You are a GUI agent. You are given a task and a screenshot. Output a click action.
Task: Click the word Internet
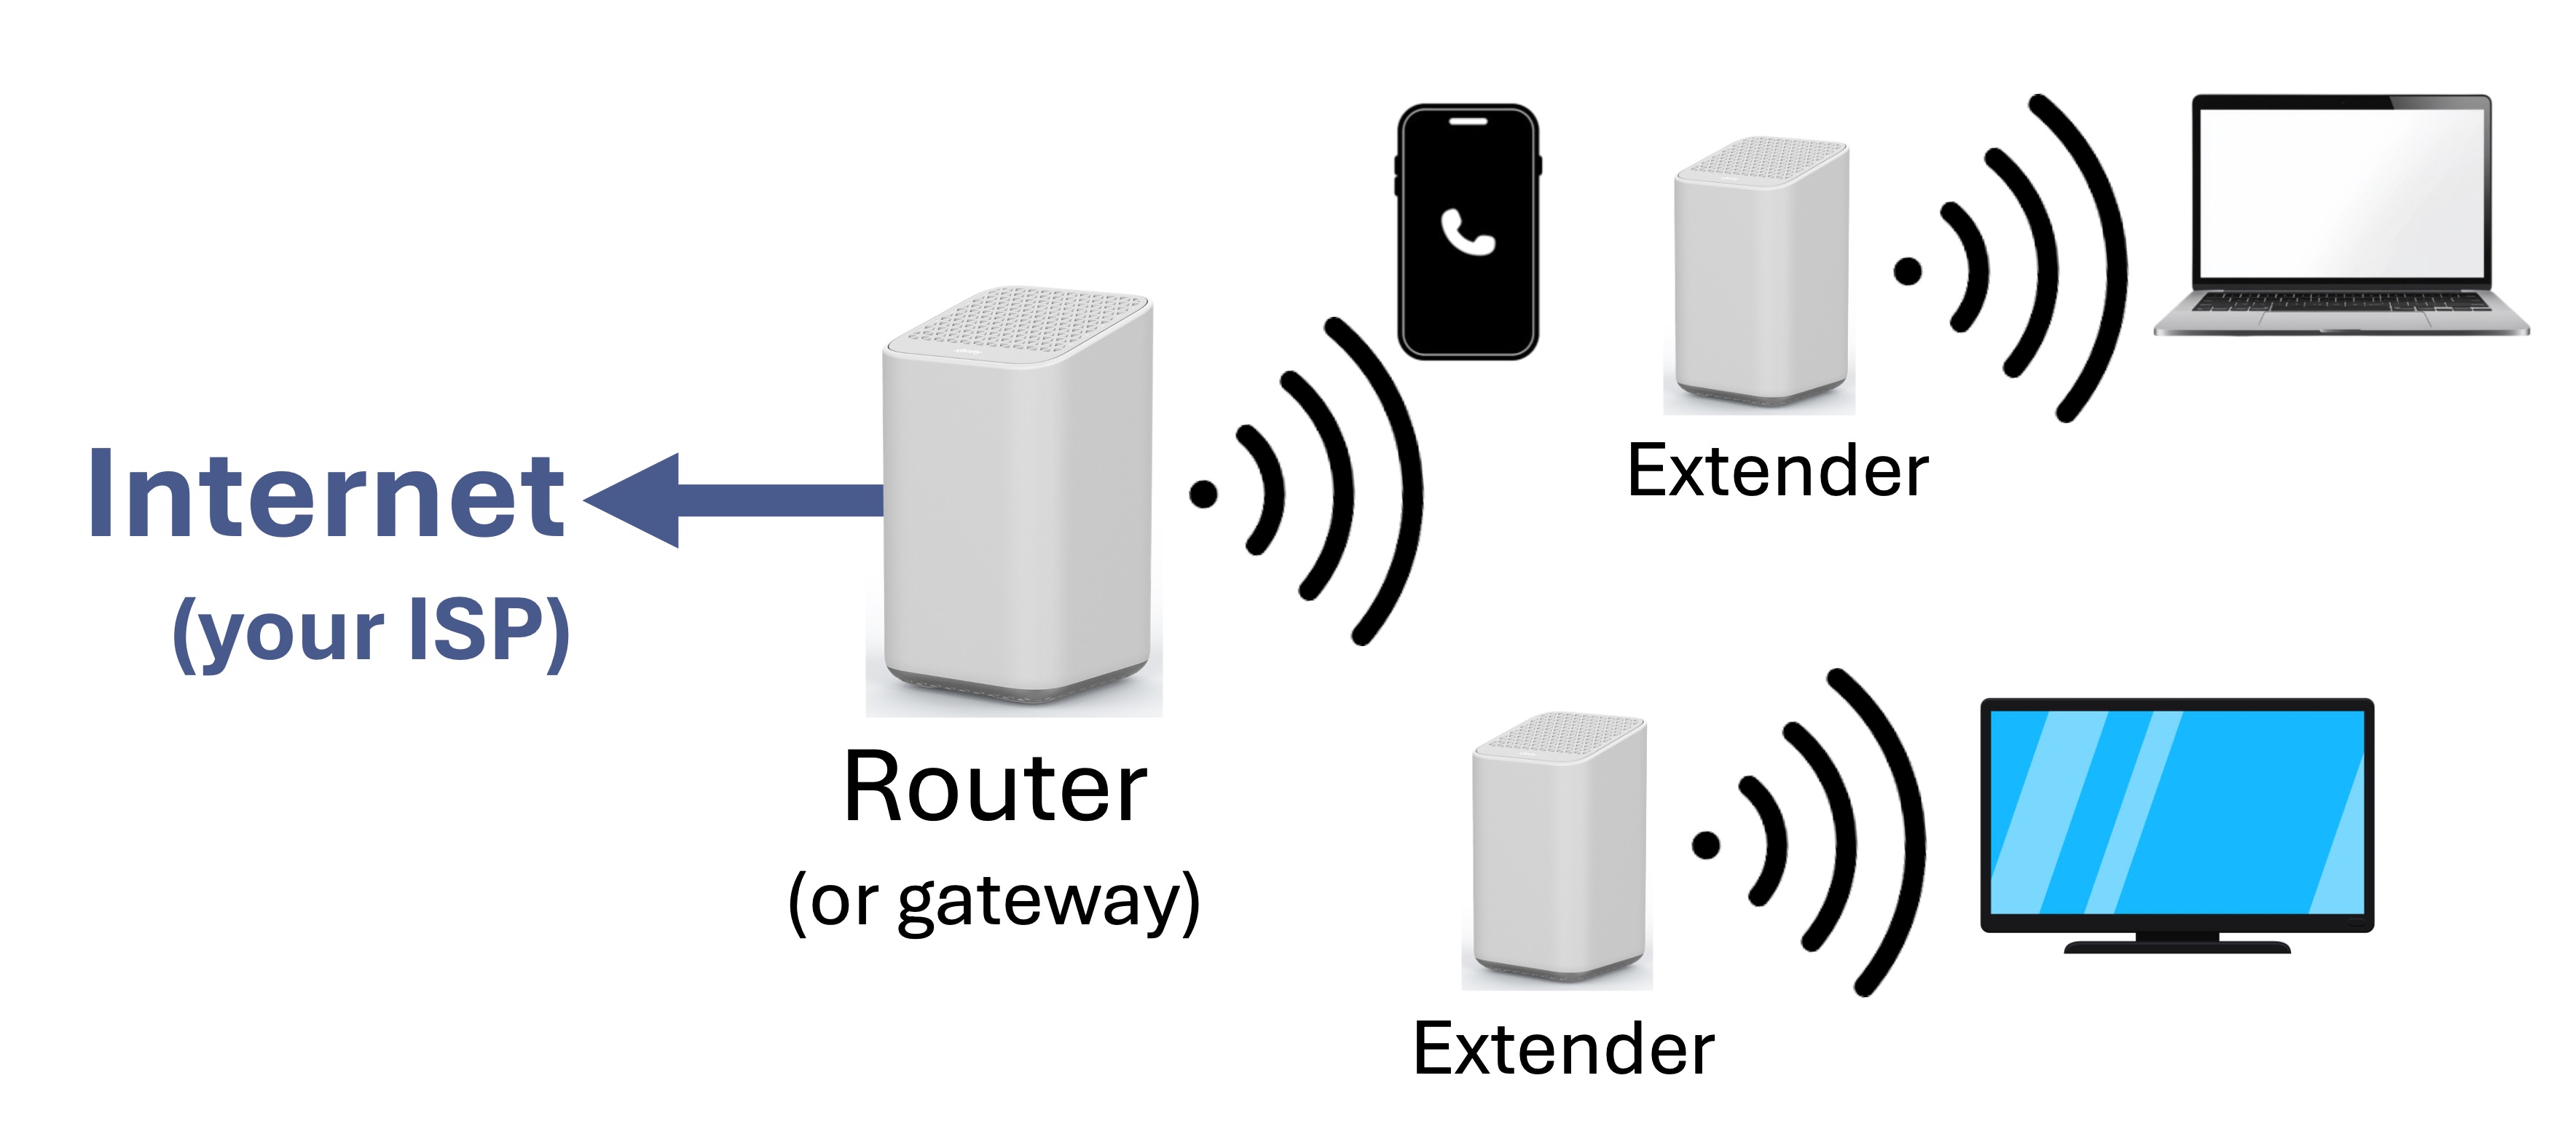[x=326, y=494]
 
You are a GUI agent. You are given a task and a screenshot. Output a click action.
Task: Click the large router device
[x=1016, y=497]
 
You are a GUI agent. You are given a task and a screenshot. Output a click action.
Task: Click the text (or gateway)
[x=994, y=901]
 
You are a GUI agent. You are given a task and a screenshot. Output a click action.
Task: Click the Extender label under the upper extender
[x=1777, y=471]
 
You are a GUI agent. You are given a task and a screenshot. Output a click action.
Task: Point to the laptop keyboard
[x=2341, y=301]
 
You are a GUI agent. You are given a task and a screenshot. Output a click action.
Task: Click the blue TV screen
[x=2176, y=811]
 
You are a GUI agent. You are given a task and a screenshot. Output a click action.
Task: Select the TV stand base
[x=2176, y=945]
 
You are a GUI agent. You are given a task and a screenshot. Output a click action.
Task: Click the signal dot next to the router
[x=1203, y=493]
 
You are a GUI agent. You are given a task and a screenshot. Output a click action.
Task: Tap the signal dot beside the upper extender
[x=1907, y=271]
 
